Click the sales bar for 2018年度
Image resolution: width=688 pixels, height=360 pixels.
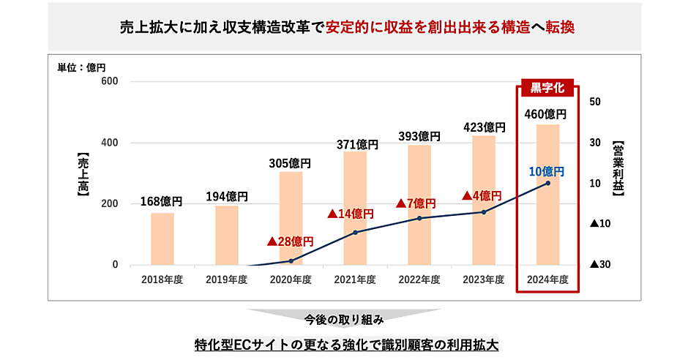pos(162,239)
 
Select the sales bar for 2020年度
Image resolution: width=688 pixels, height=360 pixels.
pos(291,218)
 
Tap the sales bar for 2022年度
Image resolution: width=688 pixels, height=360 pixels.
pos(419,205)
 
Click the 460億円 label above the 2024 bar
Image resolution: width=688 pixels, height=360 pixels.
pos(547,114)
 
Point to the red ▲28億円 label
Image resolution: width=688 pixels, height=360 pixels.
pos(290,241)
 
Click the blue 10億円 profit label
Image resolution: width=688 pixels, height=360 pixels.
pos(546,172)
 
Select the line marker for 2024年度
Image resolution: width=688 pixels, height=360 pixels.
pos(548,183)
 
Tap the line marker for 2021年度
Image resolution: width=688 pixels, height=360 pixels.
pos(355,233)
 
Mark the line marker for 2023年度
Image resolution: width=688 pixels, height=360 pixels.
pos(484,212)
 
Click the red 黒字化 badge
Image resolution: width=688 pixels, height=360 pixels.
pos(547,88)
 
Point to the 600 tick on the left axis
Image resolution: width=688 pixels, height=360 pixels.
pos(110,82)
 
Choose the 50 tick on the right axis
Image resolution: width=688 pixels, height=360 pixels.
pos(596,102)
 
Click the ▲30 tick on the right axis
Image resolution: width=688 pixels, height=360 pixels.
pos(599,265)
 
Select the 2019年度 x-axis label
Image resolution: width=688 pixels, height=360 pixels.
pos(226,280)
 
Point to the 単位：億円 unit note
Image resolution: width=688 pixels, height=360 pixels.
pos(82,67)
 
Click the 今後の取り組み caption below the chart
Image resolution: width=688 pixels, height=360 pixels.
pos(344,320)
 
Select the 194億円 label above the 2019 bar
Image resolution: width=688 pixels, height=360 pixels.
pos(226,196)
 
